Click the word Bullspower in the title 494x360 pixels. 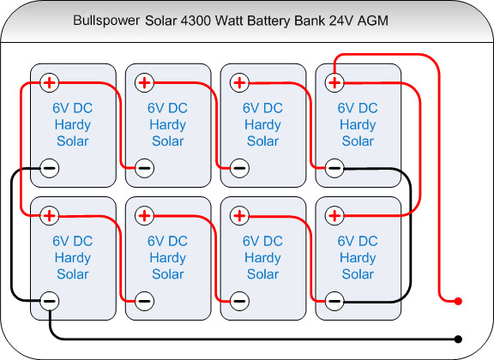click(x=106, y=21)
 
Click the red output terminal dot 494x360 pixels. click(x=458, y=302)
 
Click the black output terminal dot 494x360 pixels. click(x=458, y=339)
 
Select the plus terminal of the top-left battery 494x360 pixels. click(x=50, y=83)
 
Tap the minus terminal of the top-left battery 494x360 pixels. click(x=50, y=168)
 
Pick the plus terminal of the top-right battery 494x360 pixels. click(x=334, y=83)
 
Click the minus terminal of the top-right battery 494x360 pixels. click(x=334, y=168)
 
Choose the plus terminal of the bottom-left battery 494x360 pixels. click(x=50, y=216)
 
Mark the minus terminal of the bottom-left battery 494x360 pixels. click(x=50, y=301)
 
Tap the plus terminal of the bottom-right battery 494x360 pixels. click(x=334, y=216)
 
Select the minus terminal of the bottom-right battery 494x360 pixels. click(x=334, y=301)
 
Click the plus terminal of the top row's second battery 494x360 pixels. click(x=145, y=83)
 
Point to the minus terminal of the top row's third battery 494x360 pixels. click(x=239, y=168)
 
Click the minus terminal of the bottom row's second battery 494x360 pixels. click(x=145, y=301)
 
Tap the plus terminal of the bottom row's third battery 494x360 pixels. click(x=239, y=216)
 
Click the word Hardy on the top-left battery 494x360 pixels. click(x=73, y=125)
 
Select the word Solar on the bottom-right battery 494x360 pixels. click(x=358, y=274)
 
